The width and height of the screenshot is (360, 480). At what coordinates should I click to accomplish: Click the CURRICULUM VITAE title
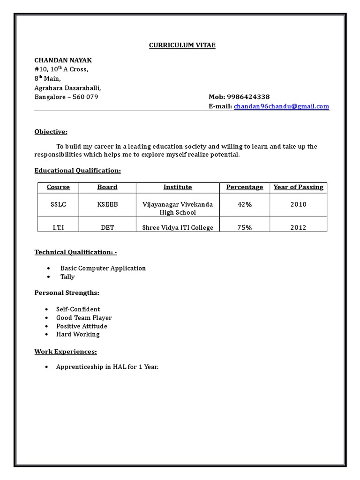coord(182,45)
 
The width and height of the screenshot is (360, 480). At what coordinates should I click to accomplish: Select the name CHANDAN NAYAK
coord(63,60)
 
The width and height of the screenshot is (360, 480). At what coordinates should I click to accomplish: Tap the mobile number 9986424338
coord(248,97)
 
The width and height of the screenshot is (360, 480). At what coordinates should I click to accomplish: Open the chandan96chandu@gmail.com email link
coord(281,107)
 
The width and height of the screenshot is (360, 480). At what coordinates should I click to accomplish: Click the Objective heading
coord(51,132)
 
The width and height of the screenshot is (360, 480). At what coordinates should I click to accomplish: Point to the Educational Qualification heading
coord(77,171)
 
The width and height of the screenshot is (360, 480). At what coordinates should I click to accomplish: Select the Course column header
coord(58,187)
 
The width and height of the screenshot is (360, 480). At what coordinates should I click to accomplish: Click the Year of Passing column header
coord(298,187)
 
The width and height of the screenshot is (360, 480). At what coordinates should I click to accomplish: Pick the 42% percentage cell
coord(244,204)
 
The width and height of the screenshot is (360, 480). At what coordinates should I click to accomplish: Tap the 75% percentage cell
coord(244,228)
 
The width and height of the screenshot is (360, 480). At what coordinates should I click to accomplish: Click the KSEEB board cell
coord(107,204)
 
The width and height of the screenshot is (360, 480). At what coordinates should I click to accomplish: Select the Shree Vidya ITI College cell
coord(178,228)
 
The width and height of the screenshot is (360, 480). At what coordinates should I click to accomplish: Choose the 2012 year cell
coord(298,228)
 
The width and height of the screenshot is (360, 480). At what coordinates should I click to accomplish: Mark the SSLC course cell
coord(58,204)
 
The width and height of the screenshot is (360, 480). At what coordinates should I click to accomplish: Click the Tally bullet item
coord(67,277)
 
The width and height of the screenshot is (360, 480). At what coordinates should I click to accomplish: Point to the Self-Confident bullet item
coord(78,309)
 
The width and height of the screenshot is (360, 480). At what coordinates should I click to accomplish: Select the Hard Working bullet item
coord(78,335)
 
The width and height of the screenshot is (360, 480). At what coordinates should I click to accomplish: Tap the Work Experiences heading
coord(66,352)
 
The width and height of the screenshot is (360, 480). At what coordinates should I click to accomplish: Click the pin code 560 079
coord(85,97)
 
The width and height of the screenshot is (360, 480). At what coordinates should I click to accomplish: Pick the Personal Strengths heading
coord(67,293)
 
